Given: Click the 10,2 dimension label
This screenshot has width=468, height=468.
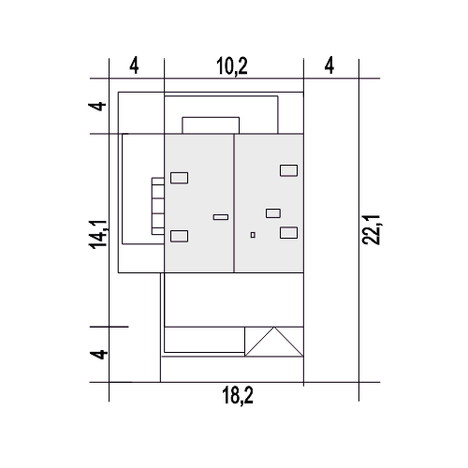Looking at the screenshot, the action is click(232, 66).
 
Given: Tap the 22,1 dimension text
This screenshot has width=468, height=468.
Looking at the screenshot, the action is click(371, 229).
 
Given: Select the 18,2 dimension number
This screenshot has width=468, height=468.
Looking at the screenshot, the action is click(238, 395).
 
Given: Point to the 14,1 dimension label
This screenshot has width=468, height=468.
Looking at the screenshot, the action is click(98, 234).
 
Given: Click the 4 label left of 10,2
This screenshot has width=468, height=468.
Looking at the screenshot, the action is click(134, 66).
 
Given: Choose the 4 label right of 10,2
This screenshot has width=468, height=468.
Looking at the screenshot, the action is click(329, 66).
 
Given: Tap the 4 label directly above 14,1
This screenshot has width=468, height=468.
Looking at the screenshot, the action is click(97, 106).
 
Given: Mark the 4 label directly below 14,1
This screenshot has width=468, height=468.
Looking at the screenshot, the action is click(99, 355).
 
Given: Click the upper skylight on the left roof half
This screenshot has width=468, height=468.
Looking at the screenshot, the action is click(179, 178).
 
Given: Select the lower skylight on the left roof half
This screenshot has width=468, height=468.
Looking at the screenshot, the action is click(179, 236).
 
